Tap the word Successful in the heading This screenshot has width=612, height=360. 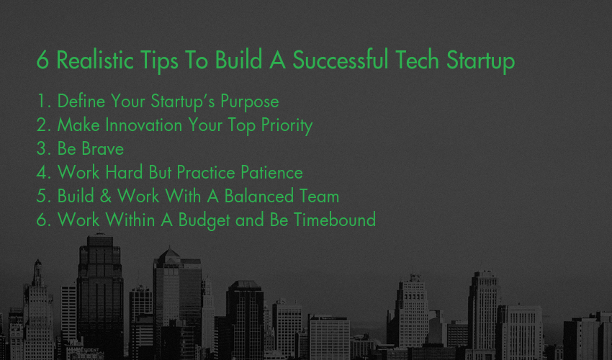[x=341, y=60]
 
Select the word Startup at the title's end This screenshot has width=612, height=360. [x=480, y=61]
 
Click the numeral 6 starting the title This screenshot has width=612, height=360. [x=42, y=60]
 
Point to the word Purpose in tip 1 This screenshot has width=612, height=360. [x=249, y=102]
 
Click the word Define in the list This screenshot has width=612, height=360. [x=81, y=101]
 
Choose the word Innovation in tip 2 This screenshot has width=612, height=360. [x=143, y=125]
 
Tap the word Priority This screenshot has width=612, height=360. [x=287, y=126]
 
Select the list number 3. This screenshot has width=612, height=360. [x=43, y=149]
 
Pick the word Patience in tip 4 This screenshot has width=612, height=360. [x=271, y=173]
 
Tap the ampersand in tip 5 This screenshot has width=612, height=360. [x=105, y=196]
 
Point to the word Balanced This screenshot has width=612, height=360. [x=258, y=196]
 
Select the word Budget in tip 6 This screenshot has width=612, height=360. [x=204, y=220]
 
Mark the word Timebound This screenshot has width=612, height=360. [x=335, y=220]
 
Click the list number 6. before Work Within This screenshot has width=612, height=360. [x=43, y=220]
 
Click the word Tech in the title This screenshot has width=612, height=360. [x=417, y=60]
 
